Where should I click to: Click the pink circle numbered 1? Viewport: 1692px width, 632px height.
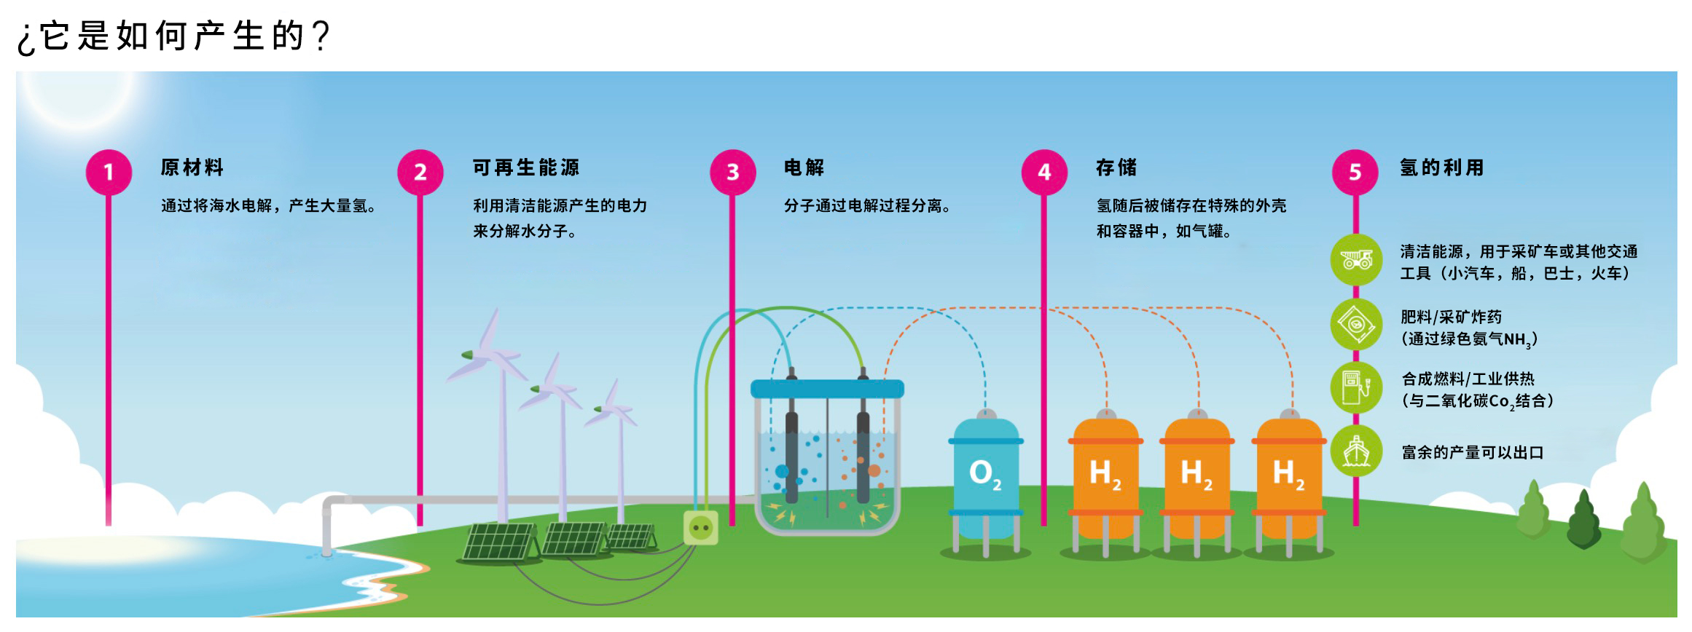[109, 172]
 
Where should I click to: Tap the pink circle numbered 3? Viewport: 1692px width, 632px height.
[732, 172]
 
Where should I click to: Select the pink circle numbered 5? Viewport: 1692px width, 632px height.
[1355, 172]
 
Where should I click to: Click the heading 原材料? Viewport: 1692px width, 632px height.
[192, 167]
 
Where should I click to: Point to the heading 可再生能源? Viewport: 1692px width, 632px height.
[526, 167]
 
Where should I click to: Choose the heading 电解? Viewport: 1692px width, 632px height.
[804, 167]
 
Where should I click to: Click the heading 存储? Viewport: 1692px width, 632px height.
[1116, 167]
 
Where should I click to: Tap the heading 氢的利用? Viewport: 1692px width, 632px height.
[1441, 167]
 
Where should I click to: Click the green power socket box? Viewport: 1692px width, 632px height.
[700, 528]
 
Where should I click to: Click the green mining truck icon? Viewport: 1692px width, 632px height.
[1356, 259]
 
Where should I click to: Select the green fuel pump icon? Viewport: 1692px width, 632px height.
[1356, 387]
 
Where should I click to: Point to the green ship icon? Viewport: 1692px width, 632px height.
[1356, 451]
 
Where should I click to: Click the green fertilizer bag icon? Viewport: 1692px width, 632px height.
[1356, 323]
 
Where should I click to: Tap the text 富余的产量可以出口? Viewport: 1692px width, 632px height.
[1473, 452]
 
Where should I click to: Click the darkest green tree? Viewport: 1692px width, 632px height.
[1583, 521]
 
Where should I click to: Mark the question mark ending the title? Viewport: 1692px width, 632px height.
[321, 35]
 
